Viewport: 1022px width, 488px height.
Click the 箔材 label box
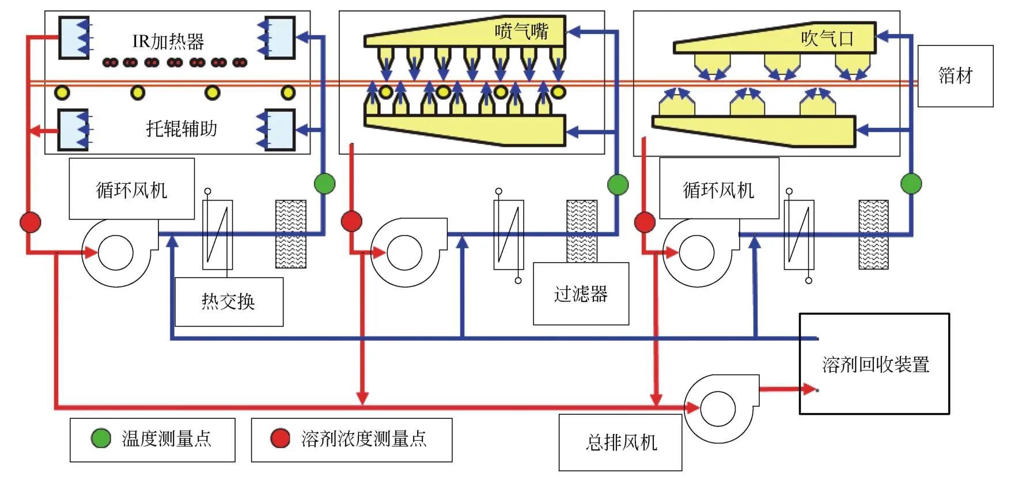tap(955, 76)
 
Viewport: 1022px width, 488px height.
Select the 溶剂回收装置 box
tap(874, 364)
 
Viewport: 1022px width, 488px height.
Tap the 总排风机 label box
tap(620, 442)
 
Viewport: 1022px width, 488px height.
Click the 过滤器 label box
tap(581, 294)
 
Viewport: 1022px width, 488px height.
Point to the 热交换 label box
tap(229, 301)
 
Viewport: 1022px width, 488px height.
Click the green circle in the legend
tap(101, 438)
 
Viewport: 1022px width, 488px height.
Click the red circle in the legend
tap(281, 438)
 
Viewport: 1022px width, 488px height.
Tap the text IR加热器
tap(168, 41)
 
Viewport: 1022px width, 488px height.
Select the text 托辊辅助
tap(181, 128)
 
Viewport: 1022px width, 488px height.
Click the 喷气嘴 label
tap(521, 31)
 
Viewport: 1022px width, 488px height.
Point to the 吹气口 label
tap(827, 39)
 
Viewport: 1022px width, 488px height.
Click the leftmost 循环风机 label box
tap(131, 190)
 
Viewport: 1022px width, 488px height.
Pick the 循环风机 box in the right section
tap(718, 190)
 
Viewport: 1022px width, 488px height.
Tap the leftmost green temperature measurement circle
tap(325, 184)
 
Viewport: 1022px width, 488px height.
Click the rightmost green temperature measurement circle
tap(911, 184)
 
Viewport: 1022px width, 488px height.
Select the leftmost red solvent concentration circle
tap(31, 222)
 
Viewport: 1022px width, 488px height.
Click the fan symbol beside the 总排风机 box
tap(718, 408)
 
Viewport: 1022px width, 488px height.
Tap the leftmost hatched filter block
tap(291, 234)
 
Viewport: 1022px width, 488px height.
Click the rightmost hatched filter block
tap(873, 234)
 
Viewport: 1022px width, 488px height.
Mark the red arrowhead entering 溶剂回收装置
tap(809, 389)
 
